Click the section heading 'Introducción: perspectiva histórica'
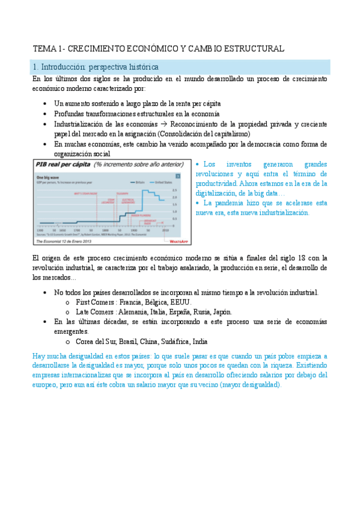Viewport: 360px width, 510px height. (x=99, y=67)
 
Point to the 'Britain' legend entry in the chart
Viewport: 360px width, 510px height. (x=138, y=182)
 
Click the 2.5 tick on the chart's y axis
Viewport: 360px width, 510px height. (x=174, y=189)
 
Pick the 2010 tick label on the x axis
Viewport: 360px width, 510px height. (x=165, y=230)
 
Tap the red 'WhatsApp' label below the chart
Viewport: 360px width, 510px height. (x=178, y=241)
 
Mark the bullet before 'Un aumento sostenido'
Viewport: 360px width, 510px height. (x=46, y=103)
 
